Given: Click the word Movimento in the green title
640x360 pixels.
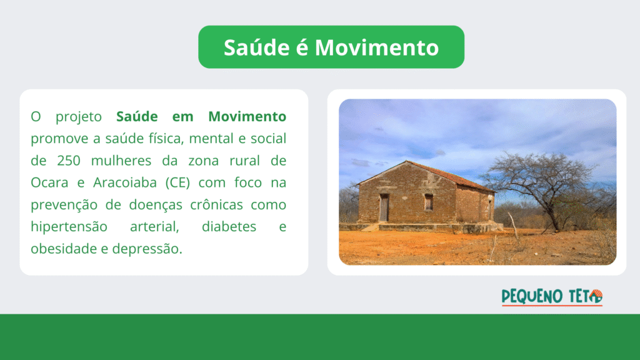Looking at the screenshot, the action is [377, 47].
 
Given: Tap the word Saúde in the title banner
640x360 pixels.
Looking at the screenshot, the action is [257, 47].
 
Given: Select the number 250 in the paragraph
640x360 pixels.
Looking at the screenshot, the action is [69, 161].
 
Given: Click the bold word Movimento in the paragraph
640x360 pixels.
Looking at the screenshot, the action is [247, 116].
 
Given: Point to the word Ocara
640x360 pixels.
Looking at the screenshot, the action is [49, 182].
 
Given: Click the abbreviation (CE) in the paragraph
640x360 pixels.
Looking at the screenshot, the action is [178, 182].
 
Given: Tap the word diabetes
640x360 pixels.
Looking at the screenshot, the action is [229, 226].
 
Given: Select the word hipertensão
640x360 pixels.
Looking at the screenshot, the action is [69, 227].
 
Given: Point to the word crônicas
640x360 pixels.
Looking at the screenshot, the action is [217, 204].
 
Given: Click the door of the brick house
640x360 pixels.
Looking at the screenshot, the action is [384, 207].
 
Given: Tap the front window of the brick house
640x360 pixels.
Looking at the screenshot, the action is [429, 202].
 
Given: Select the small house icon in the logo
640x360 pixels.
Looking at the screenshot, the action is [596, 296].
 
